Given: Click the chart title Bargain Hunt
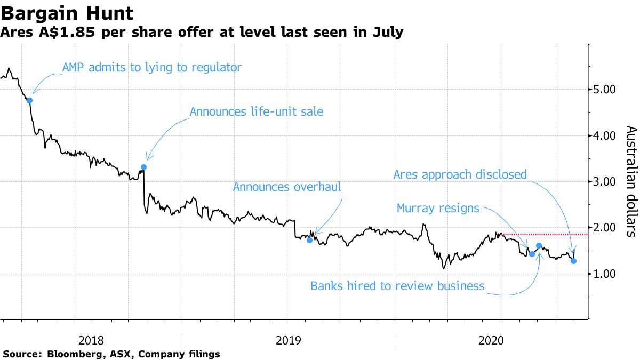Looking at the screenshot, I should pos(67,12).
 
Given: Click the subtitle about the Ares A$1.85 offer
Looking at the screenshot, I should pos(202,33).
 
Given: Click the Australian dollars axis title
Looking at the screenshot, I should pos(630,181).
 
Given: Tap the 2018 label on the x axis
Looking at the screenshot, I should pos(91,340).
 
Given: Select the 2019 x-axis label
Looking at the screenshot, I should pos(288,340).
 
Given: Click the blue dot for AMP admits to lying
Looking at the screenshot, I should pos(29,100).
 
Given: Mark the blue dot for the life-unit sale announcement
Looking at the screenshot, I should pos(143,167).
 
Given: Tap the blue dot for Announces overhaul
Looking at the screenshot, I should pos(309,240).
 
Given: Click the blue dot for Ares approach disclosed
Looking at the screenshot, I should pos(573,261).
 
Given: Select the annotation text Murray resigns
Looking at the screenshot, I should pos(438,208).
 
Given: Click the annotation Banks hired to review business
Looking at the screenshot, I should pos(397,286).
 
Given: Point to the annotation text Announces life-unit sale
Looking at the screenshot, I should pos(257,111).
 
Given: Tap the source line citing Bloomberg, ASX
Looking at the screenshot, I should pos(111,354).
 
